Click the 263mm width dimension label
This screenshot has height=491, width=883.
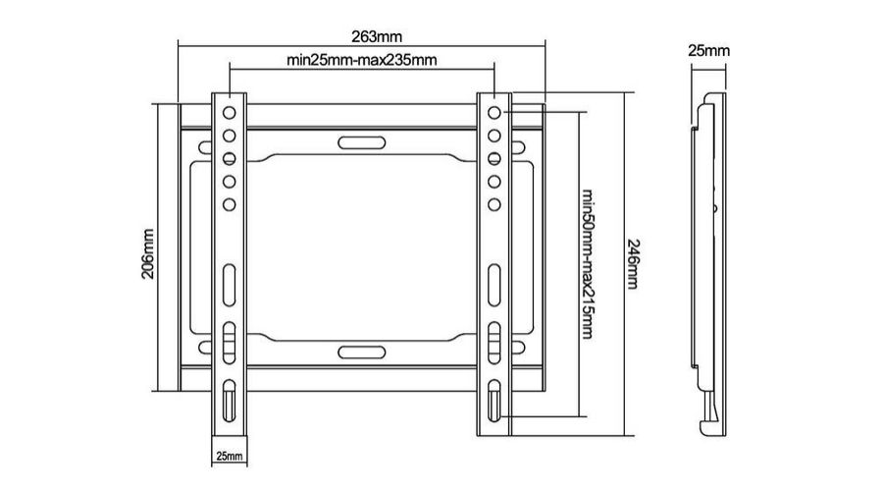click(x=377, y=36)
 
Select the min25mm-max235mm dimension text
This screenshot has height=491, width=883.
click(x=361, y=60)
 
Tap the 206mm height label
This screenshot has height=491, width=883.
click(x=147, y=253)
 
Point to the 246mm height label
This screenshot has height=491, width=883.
click(x=633, y=264)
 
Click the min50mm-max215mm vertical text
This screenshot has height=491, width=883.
click(x=588, y=264)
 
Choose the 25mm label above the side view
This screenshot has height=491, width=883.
click(x=708, y=51)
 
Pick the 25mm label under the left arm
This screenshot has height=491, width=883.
click(x=230, y=456)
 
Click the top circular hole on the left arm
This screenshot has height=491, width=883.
click(x=230, y=113)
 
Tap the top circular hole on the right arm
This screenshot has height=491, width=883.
click(x=493, y=113)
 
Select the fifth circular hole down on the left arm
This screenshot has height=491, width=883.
click(x=230, y=204)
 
